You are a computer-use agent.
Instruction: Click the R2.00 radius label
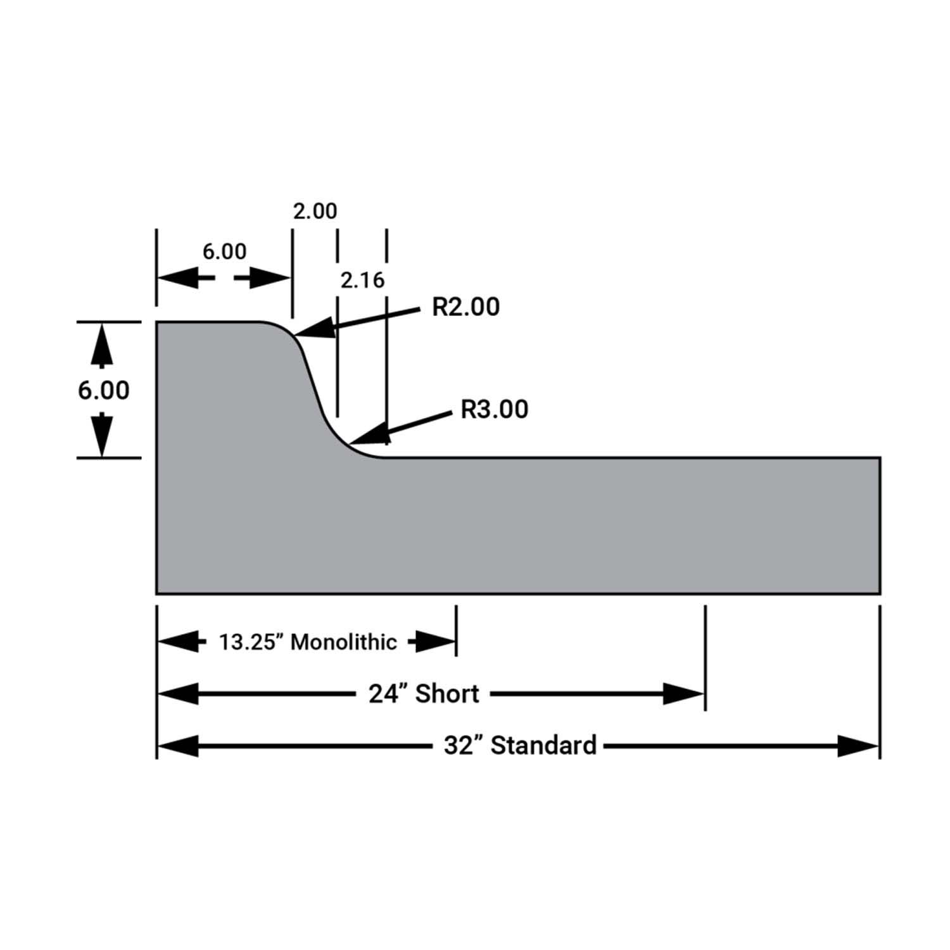[x=465, y=307]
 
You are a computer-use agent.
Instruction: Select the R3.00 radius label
[x=494, y=410]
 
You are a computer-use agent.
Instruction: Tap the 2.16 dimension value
[x=362, y=280]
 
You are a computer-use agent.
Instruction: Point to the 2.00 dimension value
[x=315, y=211]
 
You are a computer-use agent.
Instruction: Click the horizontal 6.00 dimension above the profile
[x=224, y=251]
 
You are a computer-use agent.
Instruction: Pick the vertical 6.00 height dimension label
[x=104, y=390]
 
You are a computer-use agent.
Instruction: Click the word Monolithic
[x=344, y=642]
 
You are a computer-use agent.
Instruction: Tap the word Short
[x=447, y=694]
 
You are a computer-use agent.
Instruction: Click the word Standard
[x=543, y=745]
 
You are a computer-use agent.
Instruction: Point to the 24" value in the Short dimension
[x=389, y=694]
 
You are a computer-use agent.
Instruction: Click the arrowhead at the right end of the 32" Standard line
[x=859, y=746]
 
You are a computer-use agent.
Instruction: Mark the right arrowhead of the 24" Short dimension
[x=684, y=694]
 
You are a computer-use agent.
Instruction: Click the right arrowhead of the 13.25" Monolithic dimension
[x=435, y=642]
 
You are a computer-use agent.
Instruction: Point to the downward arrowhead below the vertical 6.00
[x=101, y=435]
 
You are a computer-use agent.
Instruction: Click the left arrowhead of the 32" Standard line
[x=178, y=746]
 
